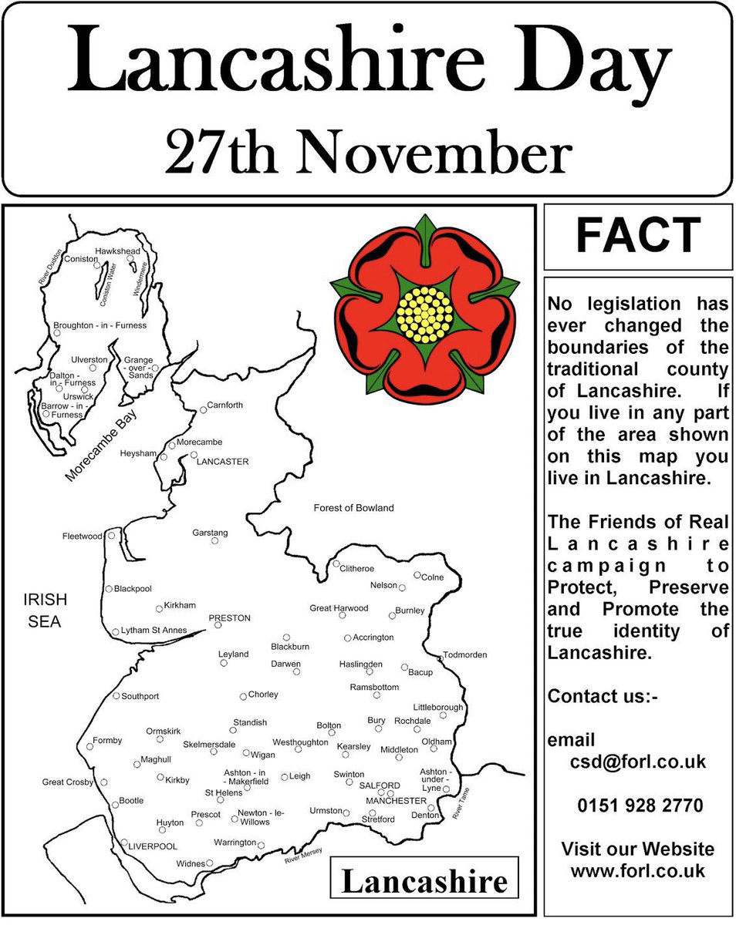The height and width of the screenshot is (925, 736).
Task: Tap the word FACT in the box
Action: pos(638,236)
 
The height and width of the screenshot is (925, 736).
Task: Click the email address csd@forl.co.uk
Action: pos(638,762)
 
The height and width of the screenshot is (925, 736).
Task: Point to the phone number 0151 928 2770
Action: pos(640,806)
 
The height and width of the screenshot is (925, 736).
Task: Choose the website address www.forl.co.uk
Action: pos(638,871)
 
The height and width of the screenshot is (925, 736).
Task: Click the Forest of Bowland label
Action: pos(353,508)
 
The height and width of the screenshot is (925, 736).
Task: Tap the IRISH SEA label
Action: pos(46,610)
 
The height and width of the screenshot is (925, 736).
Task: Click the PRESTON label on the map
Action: pos(230,618)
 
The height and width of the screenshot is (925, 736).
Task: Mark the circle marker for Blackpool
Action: pos(109,589)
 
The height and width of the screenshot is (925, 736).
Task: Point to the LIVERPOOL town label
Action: pos(153,846)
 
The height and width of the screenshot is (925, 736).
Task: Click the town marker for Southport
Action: pos(116,696)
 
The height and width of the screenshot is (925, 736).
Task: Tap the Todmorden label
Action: pos(465,655)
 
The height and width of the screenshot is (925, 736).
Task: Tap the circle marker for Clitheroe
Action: pos(336,564)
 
